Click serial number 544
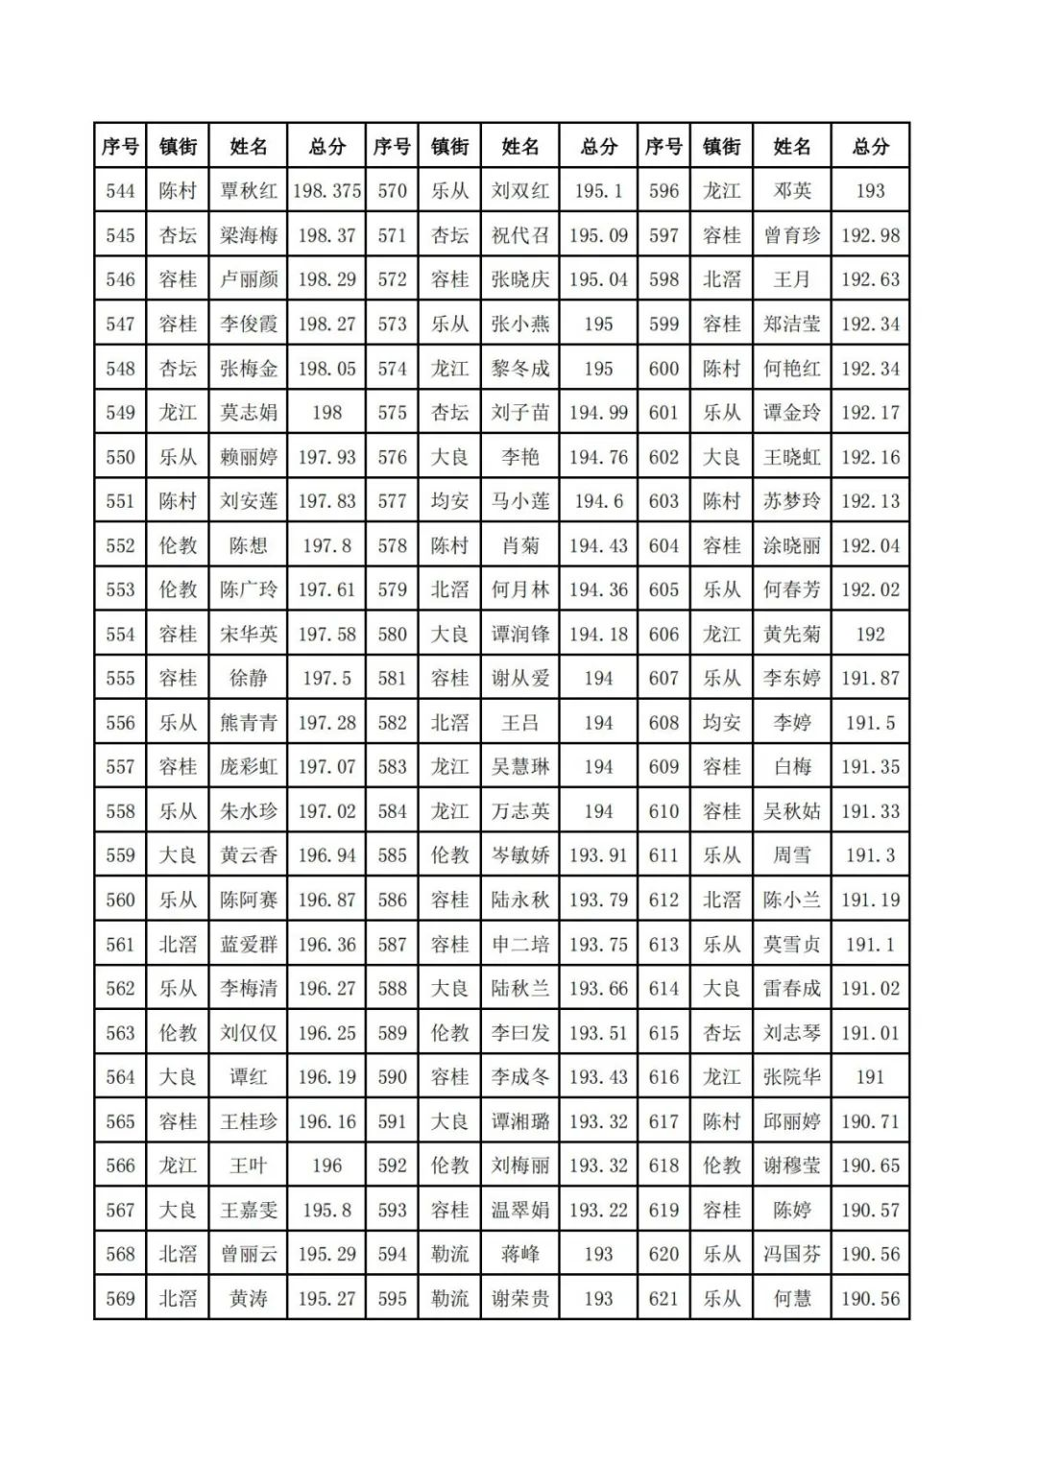click(120, 191)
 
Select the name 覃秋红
click(248, 191)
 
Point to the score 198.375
click(326, 191)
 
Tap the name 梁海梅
click(248, 235)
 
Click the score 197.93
click(326, 457)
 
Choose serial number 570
click(392, 191)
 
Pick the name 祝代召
click(519, 235)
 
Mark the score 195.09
click(598, 235)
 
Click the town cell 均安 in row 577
click(449, 501)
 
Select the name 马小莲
click(519, 501)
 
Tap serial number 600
click(663, 369)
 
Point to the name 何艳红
click(791, 369)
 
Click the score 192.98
click(870, 235)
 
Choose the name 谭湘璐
click(519, 1121)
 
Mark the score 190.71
click(870, 1121)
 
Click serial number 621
click(663, 1299)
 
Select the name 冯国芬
click(791, 1254)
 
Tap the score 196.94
click(326, 855)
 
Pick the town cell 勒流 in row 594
click(449, 1254)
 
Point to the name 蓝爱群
click(248, 945)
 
